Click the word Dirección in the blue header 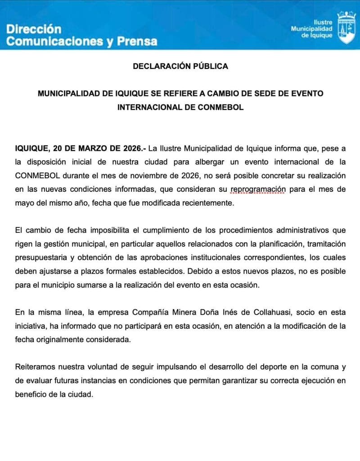[34, 29]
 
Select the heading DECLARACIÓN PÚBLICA [180, 66]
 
